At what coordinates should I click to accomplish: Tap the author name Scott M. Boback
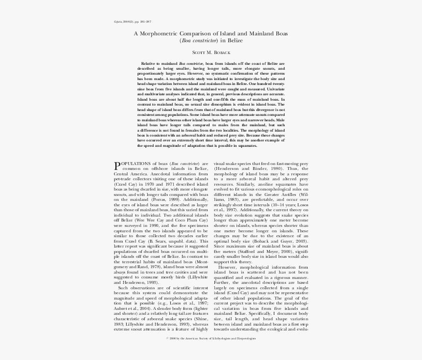tap(211, 52)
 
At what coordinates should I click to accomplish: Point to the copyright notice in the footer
tap(211, 338)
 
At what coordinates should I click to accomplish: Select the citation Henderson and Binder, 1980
tap(245, 169)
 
